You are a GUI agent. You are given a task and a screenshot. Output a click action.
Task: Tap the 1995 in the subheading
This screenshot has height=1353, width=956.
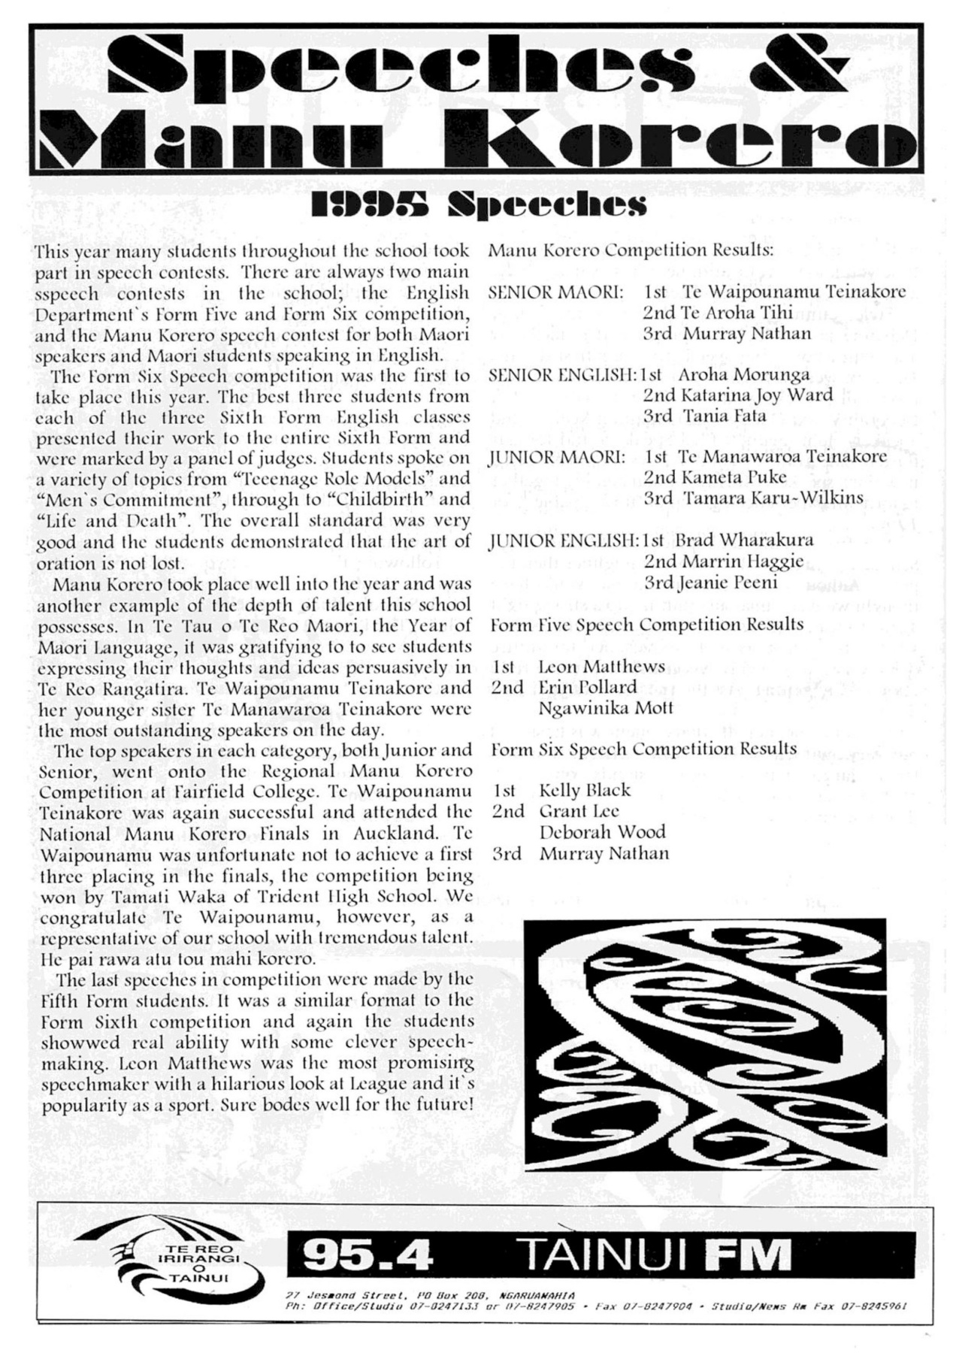pyautogui.click(x=369, y=204)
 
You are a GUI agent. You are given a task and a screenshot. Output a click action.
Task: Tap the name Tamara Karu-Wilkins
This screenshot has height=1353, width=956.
pyautogui.click(x=773, y=498)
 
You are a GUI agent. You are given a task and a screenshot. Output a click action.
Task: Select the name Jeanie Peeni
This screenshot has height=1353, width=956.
pyautogui.click(x=729, y=582)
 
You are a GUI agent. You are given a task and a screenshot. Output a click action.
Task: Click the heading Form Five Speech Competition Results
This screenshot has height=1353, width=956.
pyautogui.click(x=646, y=625)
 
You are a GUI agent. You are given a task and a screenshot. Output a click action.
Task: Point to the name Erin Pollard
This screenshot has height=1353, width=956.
pyautogui.click(x=587, y=687)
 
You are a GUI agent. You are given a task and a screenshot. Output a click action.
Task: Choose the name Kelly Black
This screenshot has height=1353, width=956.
pyautogui.click(x=585, y=790)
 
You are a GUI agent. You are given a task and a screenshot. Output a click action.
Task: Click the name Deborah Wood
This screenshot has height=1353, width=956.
pyautogui.click(x=602, y=832)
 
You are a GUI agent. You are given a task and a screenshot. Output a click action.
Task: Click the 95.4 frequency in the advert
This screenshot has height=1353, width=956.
pyautogui.click(x=368, y=1255)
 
